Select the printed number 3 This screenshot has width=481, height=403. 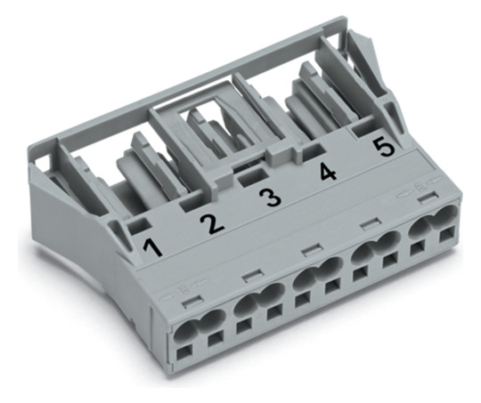pyautogui.click(x=270, y=197)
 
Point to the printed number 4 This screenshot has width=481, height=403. pyautogui.click(x=327, y=172)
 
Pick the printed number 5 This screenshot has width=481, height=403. pyautogui.click(x=385, y=148)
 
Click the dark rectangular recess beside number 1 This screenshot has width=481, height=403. pyautogui.click(x=139, y=227)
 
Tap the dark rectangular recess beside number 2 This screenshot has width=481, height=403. pyautogui.click(x=191, y=205)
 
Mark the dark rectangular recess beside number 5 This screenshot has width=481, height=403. pyautogui.click(x=363, y=131)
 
